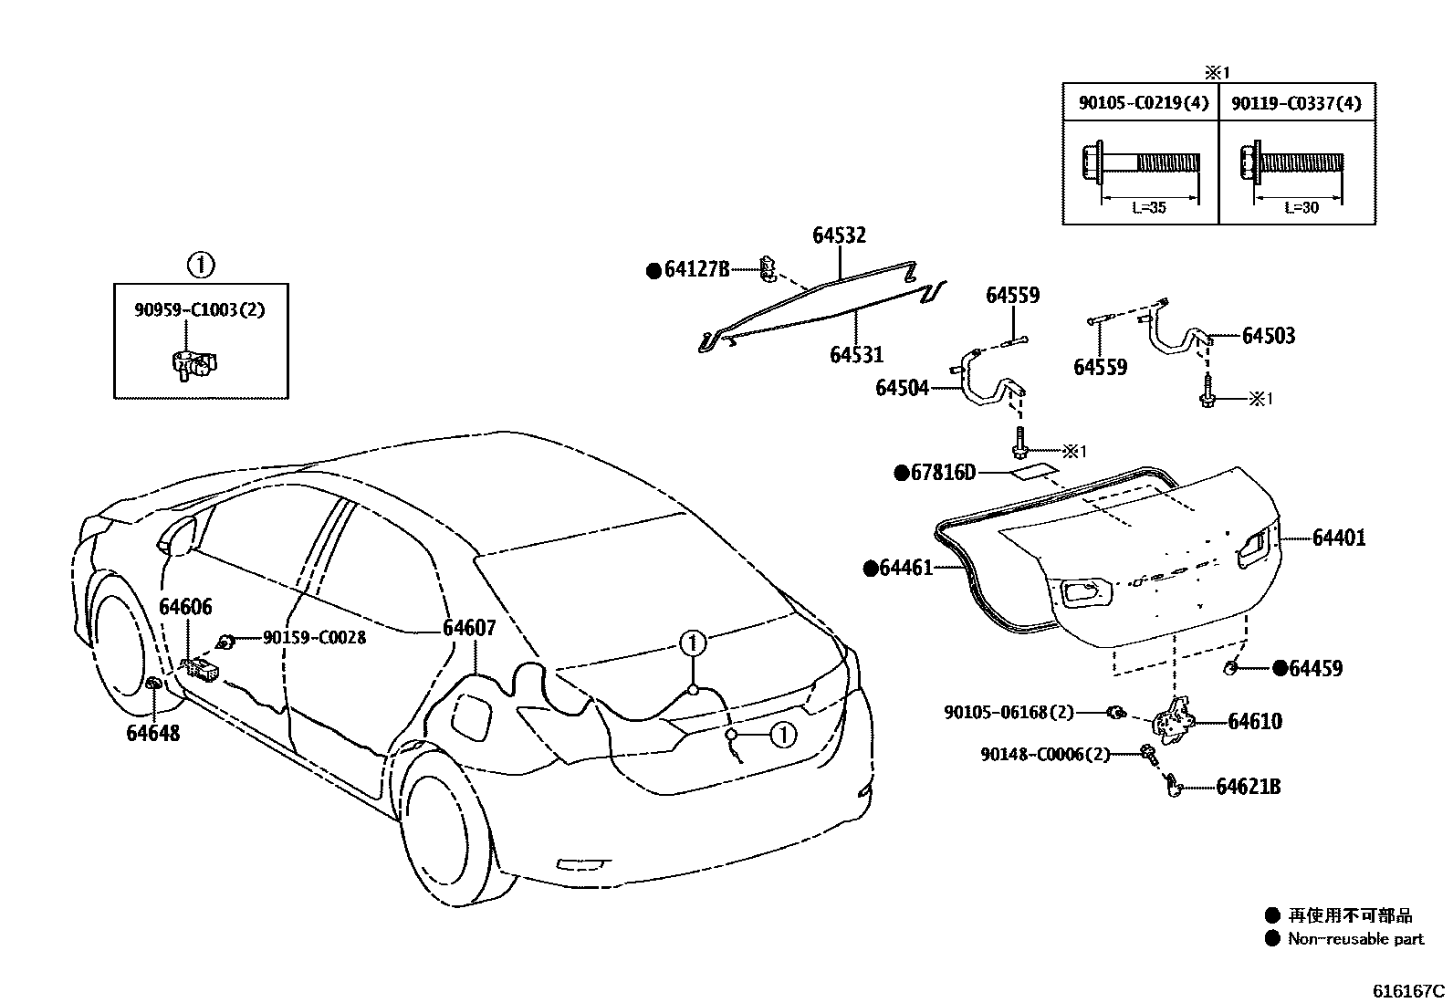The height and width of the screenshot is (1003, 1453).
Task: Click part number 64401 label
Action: click(x=1339, y=538)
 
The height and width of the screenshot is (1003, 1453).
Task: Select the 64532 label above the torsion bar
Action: click(x=839, y=235)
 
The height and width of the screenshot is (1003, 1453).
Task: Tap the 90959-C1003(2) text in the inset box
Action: click(x=199, y=309)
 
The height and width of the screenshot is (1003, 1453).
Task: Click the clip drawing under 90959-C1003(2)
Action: click(x=193, y=362)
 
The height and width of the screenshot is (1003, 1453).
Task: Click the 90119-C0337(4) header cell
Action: click(x=1296, y=103)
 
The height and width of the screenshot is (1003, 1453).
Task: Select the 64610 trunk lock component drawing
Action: click(x=1172, y=718)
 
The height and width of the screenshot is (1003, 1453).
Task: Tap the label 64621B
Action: click(x=1248, y=787)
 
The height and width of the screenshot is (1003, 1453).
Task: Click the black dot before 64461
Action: click(x=870, y=569)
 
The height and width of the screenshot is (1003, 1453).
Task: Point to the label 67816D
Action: click(x=943, y=473)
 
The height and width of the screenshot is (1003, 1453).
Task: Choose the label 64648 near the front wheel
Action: click(x=152, y=733)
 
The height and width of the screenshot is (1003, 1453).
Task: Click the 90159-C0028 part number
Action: click(x=314, y=638)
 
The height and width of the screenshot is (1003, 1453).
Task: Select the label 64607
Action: click(x=469, y=628)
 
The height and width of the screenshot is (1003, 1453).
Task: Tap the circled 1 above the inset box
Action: click(x=200, y=266)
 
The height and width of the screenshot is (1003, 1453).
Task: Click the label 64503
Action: click(x=1269, y=336)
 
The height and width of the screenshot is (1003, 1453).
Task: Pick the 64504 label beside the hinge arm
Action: click(x=902, y=388)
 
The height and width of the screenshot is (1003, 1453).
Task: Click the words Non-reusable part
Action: click(x=1355, y=939)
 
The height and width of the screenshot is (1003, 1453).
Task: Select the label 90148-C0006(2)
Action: click(x=1045, y=755)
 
